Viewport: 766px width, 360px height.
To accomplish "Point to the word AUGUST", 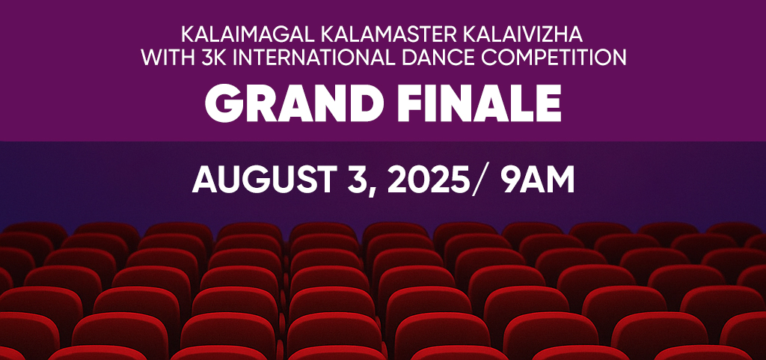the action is pos(261,181).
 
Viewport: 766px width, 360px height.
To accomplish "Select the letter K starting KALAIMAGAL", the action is pos(188,35).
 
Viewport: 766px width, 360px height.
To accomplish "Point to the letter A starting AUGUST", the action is pos(205,181).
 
